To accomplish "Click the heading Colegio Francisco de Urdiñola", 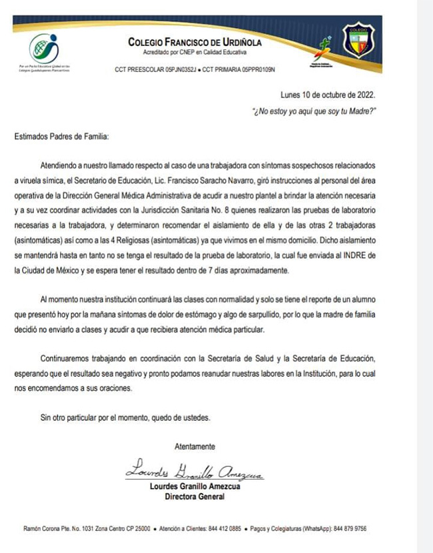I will [x=195, y=43].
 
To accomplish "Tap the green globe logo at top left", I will [x=43, y=48].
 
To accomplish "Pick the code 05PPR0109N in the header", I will [x=250, y=69].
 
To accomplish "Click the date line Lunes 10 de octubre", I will [x=328, y=95].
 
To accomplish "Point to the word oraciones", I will [x=112, y=388].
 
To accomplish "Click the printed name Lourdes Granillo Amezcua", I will [x=195, y=486].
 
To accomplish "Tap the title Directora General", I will [x=195, y=496].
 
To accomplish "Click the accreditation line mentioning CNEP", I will [x=195, y=52].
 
